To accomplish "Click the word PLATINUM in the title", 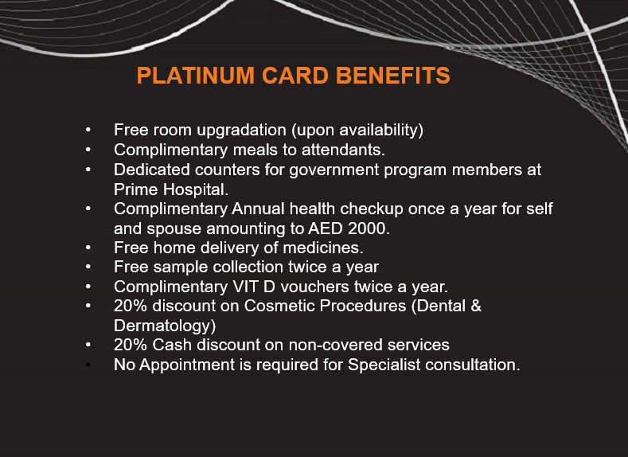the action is pos(196,76).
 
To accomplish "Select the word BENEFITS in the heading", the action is pos(393,76).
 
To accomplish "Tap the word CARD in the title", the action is pos(295,76).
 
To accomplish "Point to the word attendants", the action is pos(343,150).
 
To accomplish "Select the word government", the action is pos(334,170).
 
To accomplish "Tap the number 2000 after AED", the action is pos(369,228).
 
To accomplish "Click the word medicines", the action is pos(323,248).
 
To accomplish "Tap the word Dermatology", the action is pos(165,326).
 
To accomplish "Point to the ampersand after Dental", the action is pos(476,306).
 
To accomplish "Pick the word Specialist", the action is pos(384,365).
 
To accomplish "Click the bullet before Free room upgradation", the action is pos(88,130).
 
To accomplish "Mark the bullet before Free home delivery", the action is pos(88,248).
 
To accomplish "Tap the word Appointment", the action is pos(187,365).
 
